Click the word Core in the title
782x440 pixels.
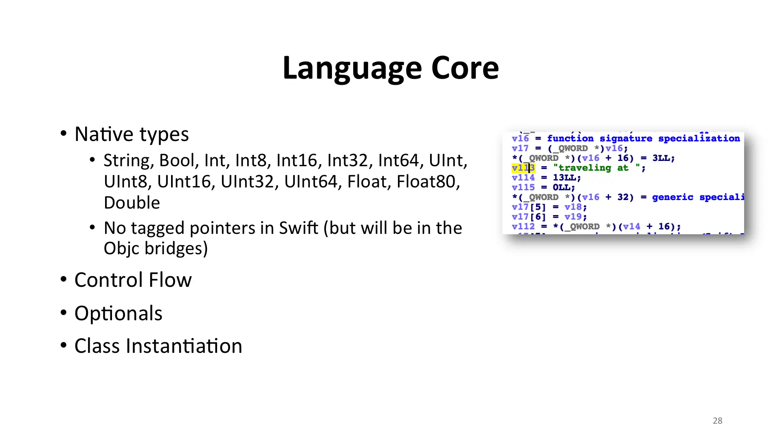465,68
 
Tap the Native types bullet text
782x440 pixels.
132,134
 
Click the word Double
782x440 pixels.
132,202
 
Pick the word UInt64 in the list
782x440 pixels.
311,182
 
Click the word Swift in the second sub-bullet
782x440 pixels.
299,228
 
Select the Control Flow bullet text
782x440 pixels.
133,280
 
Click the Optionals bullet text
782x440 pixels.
119,313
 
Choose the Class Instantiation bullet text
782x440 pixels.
158,346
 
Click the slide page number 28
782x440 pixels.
718,421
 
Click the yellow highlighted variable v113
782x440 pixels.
523,168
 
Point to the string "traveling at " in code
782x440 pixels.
597,168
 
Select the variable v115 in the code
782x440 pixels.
523,187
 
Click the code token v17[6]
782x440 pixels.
529,217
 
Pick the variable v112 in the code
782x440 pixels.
523,227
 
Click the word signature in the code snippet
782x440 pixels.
626,139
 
